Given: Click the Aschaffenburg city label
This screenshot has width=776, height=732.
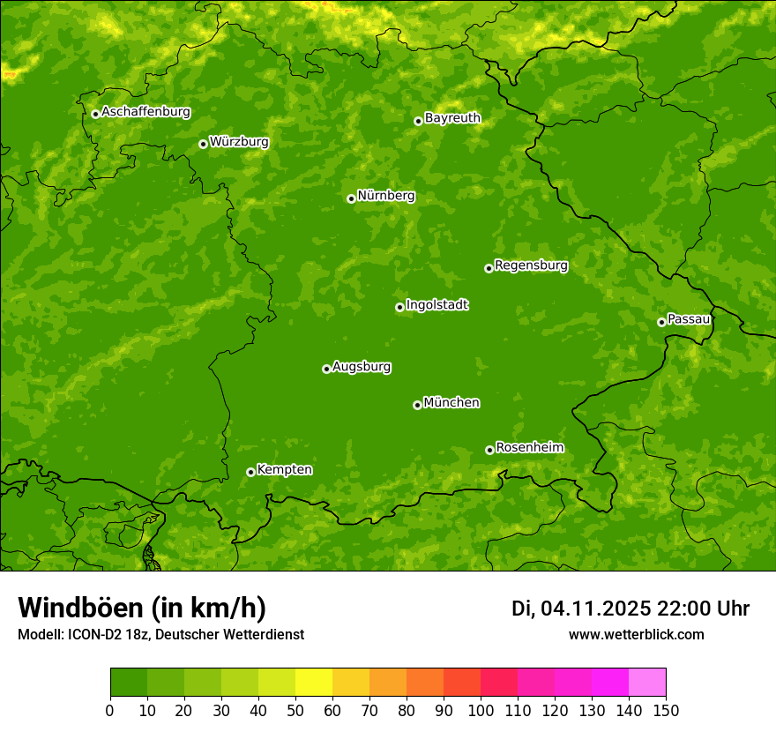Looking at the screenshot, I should coord(145,112).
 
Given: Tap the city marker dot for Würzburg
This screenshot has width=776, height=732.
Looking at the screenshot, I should coord(203,144).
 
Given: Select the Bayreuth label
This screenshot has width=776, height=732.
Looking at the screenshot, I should coord(452,118).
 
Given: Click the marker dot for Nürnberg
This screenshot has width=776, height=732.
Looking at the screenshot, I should coord(351,198).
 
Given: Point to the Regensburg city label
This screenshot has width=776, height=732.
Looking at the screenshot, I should coord(531,265).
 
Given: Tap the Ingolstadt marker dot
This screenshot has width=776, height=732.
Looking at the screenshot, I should coord(399,307).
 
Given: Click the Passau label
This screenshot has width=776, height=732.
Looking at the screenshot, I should coord(689,319).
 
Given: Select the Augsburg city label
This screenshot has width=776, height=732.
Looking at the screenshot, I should coord(362,367).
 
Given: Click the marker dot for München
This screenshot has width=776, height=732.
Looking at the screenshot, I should coord(417,405).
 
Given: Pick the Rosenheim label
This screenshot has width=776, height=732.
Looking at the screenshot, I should coord(529,448).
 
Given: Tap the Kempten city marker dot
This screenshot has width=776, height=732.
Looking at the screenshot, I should coord(250,472).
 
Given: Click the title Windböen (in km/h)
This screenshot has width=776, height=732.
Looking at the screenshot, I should coord(141,609).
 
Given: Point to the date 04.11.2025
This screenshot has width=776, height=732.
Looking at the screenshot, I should coord(596,609).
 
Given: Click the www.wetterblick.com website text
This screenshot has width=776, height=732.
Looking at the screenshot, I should coord(636,634).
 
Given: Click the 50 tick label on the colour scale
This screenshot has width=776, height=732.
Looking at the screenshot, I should coord(295,709).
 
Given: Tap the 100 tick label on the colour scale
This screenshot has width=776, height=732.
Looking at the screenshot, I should coord(481,709).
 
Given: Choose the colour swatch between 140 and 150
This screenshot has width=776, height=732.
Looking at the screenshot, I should coord(647,683).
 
